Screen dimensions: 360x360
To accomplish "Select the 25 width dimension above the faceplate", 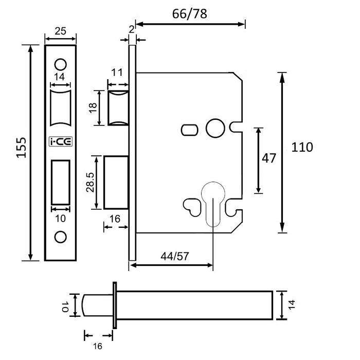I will click(60, 31).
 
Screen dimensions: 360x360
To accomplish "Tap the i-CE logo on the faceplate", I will click(60, 142).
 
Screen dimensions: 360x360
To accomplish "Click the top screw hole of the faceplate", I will click(61, 65).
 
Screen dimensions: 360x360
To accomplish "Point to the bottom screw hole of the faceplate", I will click(61, 236).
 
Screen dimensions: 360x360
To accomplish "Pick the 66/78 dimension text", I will click(190, 14).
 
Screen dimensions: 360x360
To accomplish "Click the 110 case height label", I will click(302, 148).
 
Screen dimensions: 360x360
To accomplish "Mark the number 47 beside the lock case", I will click(269, 158).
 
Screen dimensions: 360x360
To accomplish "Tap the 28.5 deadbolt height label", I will click(90, 183).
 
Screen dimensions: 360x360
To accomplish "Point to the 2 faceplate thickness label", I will click(132, 30).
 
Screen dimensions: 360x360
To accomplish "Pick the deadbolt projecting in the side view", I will click(116, 183).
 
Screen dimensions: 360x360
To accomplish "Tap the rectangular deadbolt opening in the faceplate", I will click(61, 183).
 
